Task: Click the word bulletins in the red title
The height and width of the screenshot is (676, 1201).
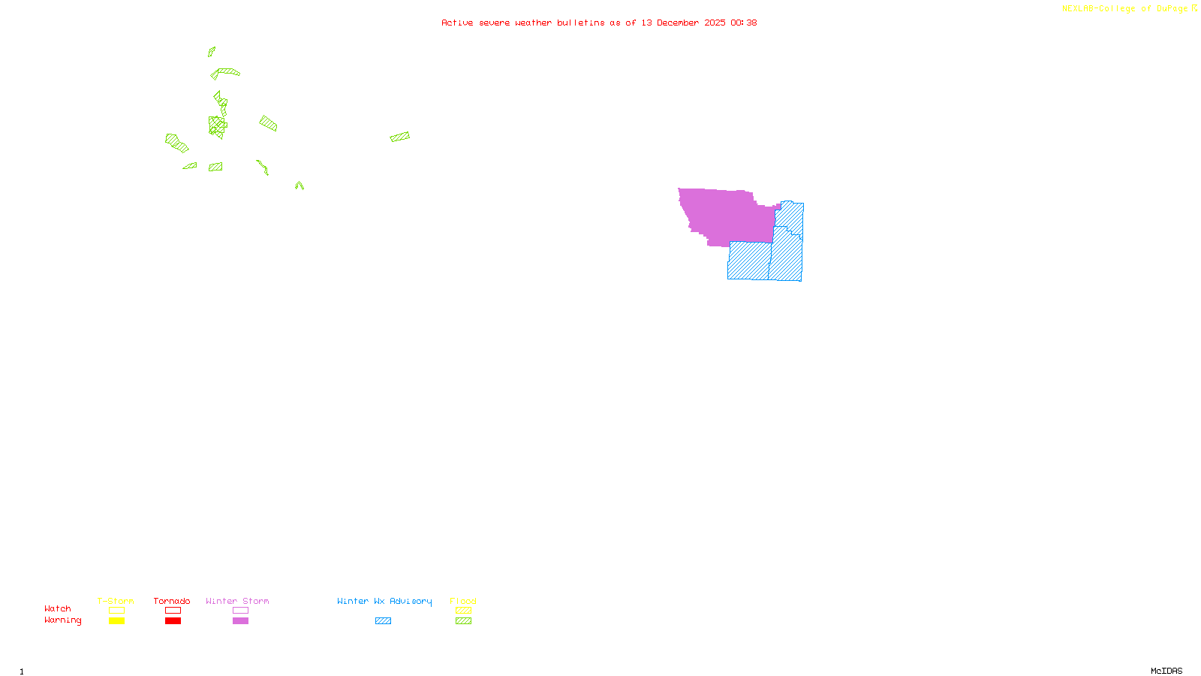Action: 580,23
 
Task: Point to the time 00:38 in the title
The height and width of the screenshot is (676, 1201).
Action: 743,23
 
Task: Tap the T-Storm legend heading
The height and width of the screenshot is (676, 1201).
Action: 116,601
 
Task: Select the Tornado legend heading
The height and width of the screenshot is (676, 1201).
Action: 172,601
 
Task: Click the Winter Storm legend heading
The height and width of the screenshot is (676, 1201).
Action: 237,601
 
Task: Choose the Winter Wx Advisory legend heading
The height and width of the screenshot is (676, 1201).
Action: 384,601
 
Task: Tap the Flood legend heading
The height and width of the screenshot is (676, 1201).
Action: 463,601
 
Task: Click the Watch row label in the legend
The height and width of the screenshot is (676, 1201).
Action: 58,608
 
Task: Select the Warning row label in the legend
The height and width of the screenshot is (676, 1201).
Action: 62,620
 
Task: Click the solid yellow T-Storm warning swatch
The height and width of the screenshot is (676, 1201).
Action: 116,621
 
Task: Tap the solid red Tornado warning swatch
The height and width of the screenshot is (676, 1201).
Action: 173,621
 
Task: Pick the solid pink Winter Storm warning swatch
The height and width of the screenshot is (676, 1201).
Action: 240,621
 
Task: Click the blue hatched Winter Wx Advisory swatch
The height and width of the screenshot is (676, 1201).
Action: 383,621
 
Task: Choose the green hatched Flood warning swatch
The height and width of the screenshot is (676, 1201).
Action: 463,621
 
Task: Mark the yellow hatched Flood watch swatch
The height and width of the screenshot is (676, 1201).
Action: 463,611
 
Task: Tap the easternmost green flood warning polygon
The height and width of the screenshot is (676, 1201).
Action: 400,137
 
